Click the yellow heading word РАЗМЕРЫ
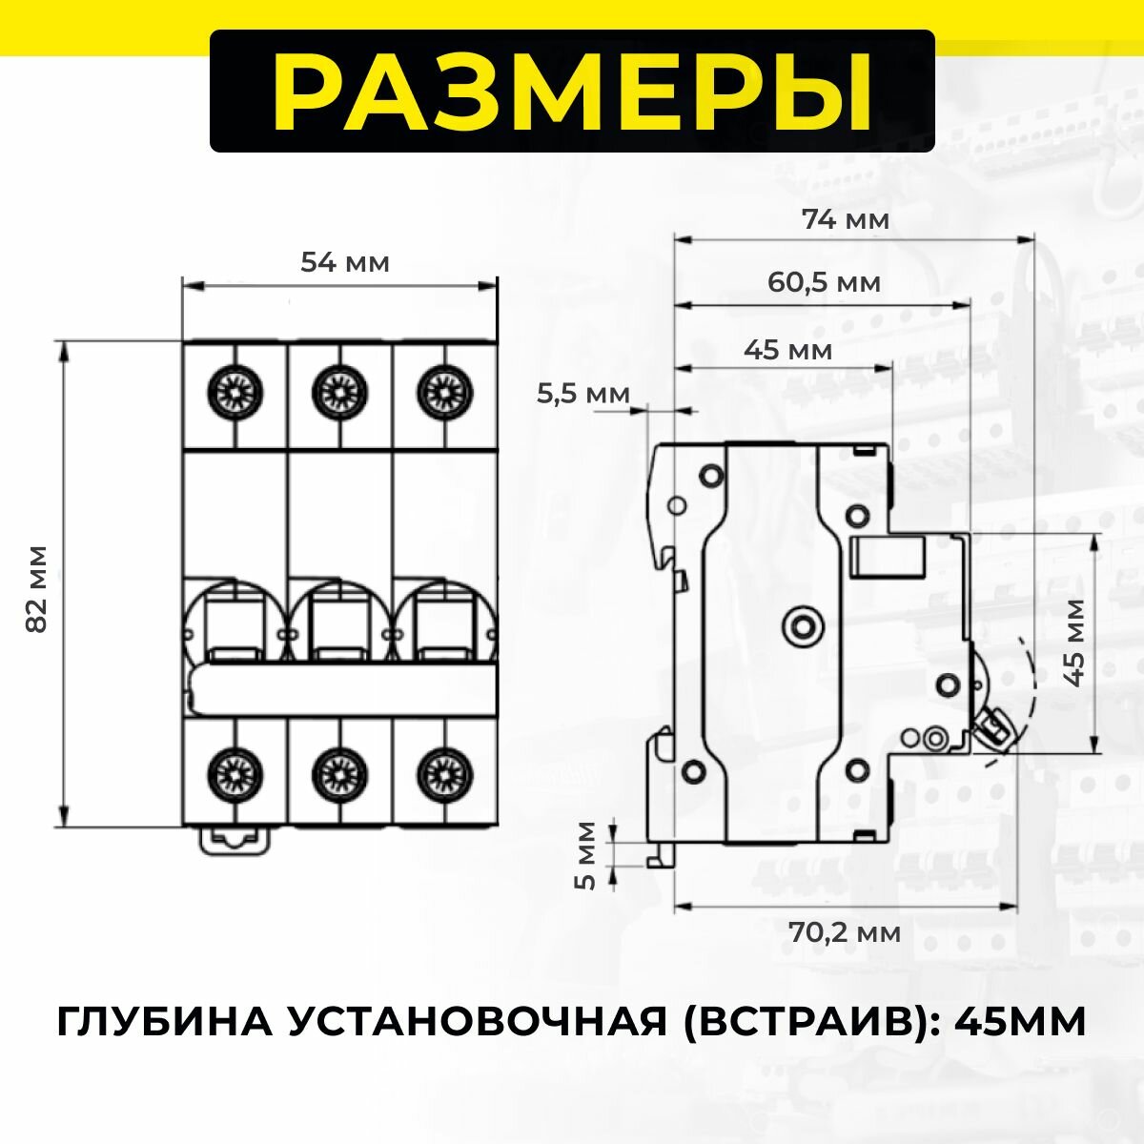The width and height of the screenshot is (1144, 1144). (572, 92)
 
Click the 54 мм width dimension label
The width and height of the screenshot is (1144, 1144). (345, 262)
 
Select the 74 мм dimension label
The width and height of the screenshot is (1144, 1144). (846, 220)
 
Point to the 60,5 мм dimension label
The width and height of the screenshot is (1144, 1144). (824, 283)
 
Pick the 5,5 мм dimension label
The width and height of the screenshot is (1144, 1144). (583, 394)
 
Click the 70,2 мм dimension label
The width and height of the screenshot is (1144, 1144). (845, 931)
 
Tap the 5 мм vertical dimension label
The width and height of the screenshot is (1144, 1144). (587, 855)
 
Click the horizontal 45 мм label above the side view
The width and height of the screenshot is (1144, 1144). (787, 350)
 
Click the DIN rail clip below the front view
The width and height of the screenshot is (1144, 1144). (234, 838)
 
